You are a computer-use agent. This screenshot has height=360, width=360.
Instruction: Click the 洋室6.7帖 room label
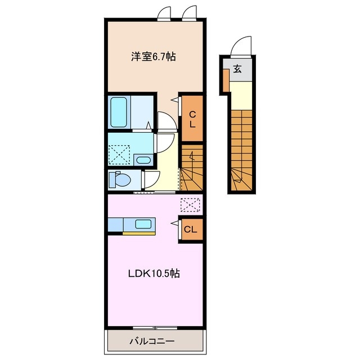[154, 56]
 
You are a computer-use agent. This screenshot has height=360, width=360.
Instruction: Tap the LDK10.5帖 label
[153, 274]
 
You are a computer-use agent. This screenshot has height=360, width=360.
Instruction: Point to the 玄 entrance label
[238, 70]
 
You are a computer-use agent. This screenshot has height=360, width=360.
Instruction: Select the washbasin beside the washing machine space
[143, 160]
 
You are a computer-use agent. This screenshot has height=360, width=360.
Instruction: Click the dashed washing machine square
[119, 153]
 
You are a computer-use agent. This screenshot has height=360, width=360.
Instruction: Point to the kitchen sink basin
[143, 224]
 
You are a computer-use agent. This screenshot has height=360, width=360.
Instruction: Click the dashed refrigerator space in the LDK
[190, 205]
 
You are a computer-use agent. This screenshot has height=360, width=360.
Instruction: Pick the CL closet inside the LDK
[191, 229]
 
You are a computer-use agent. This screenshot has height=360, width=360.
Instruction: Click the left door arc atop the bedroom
[164, 12]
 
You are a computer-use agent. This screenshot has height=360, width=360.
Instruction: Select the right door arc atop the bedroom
[189, 12]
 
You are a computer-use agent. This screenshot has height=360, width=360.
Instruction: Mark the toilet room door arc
[150, 179]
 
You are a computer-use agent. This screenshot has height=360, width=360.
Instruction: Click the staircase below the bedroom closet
[192, 169]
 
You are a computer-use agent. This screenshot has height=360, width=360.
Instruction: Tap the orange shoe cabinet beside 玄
[226, 81]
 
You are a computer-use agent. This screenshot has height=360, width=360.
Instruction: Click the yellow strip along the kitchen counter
[139, 232]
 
